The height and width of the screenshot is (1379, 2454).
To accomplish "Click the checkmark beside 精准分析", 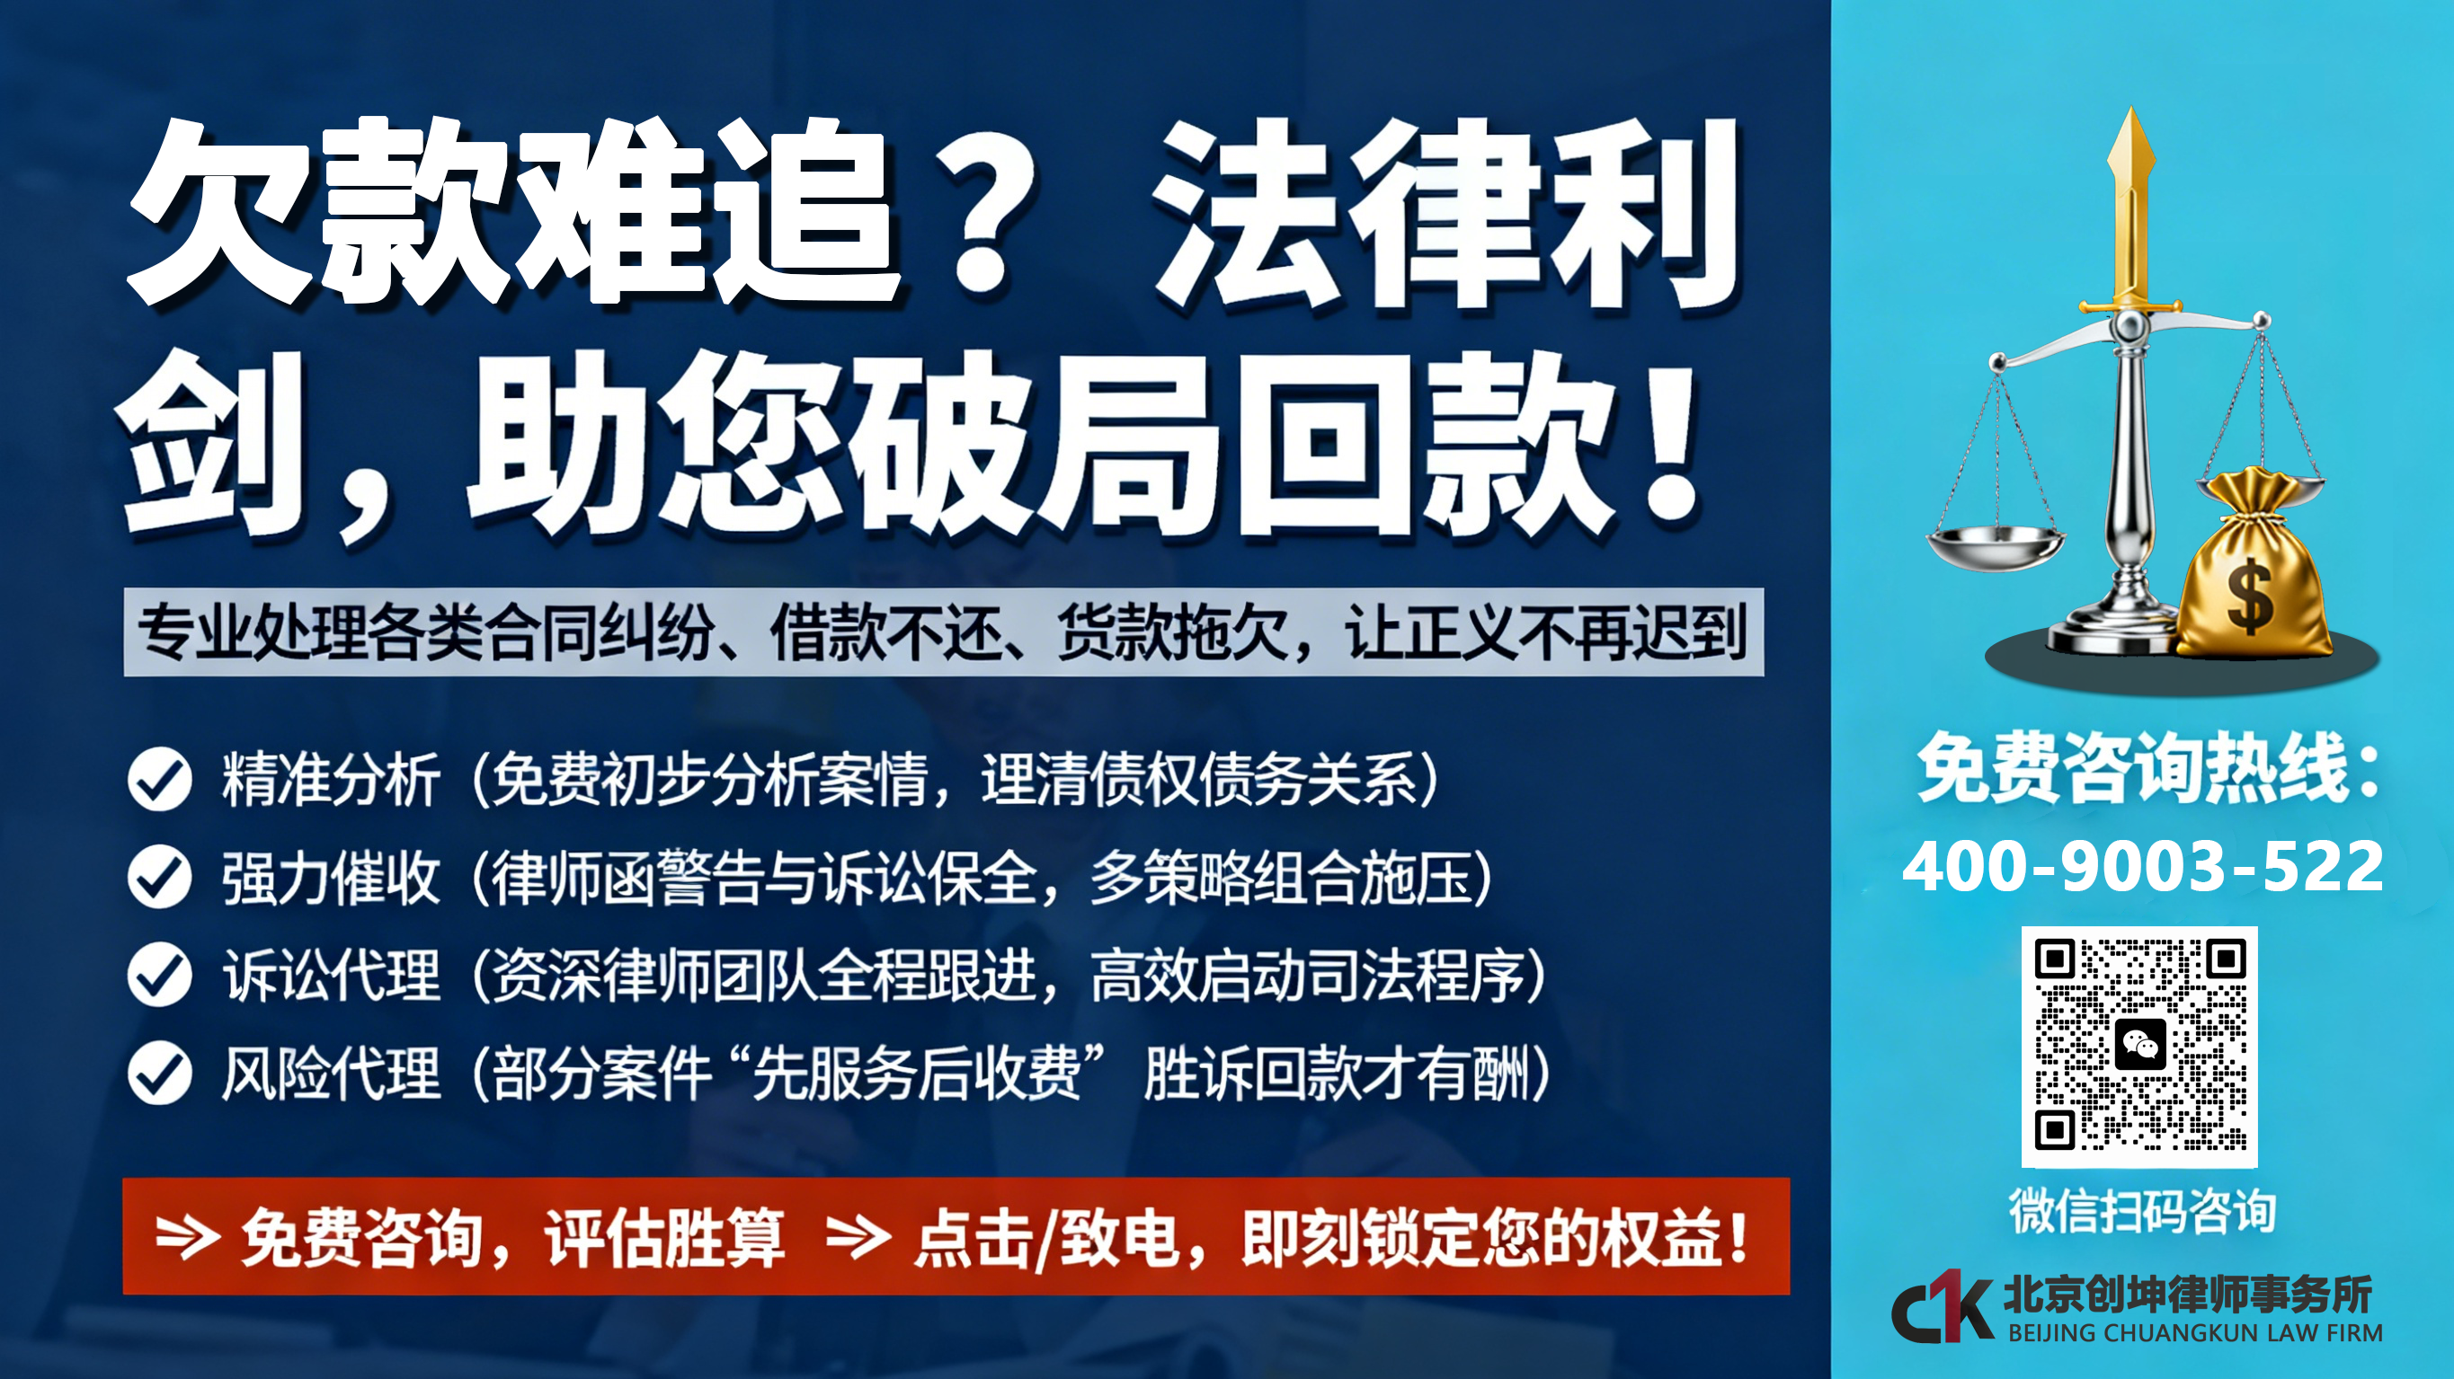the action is pos(160,779).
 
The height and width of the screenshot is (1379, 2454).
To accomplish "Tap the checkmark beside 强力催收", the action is pos(160,877).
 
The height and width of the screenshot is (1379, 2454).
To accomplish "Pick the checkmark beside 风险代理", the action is pos(160,1074).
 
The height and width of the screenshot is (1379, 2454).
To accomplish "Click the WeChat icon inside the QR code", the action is pos(2139,1045).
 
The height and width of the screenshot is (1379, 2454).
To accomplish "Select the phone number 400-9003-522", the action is pos(2142,867).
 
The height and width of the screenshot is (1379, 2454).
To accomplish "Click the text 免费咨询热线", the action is pos(2134,766).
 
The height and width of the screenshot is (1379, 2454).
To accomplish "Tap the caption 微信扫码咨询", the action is pos(2142,1211).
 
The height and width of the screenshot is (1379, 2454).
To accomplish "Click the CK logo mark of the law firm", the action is pos(1942,1306).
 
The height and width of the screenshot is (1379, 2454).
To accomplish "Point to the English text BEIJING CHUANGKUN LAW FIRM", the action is pos(2195,1332).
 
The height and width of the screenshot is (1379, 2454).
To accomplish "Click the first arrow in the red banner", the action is pos(188,1236).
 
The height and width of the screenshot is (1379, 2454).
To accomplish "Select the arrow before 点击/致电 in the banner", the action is pos(858,1236).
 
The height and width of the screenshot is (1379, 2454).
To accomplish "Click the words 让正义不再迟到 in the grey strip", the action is pos(1544,632).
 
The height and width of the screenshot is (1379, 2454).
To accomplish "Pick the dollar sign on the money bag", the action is pos(2250,597).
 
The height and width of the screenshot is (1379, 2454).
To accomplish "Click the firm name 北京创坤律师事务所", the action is pos(2188,1295).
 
